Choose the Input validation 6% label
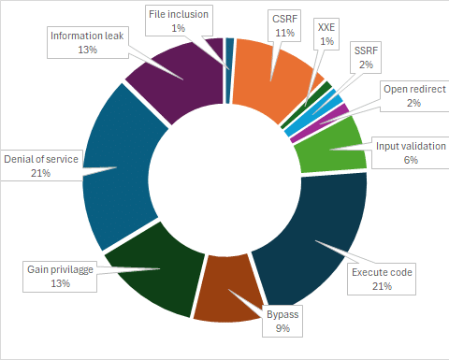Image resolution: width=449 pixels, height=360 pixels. tap(411, 152)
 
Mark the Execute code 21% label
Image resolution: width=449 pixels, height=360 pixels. tap(382, 280)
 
